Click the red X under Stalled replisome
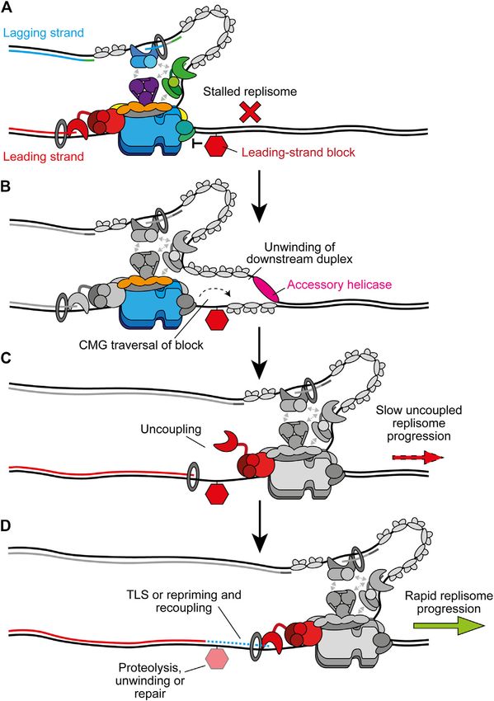pyautogui.click(x=250, y=112)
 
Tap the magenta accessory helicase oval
pyautogui.click(x=266, y=289)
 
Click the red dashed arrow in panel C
pyautogui.click(x=417, y=458)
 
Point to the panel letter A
pyautogui.click(x=7, y=8)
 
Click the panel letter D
pyautogui.click(x=7, y=526)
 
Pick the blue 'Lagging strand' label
pyautogui.click(x=44, y=33)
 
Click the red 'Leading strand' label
pyautogui.click(x=44, y=157)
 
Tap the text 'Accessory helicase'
pyautogui.click(x=339, y=285)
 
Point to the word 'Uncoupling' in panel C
pyautogui.click(x=171, y=429)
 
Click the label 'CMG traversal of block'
pyautogui.click(x=141, y=345)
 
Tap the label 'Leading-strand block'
pyautogui.click(x=299, y=153)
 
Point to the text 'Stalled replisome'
pyautogui.click(x=250, y=92)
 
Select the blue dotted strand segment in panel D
pyautogui.click(x=237, y=643)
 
